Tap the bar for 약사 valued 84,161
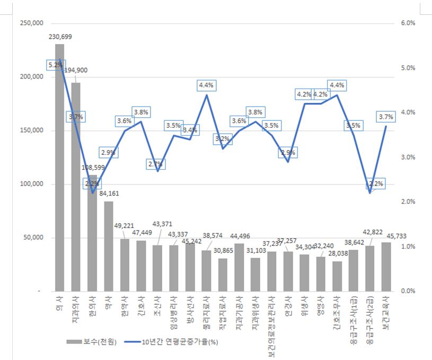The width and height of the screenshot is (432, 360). (108, 246)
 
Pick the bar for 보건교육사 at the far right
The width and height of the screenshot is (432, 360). (385, 267)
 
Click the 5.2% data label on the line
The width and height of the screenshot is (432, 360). (55, 65)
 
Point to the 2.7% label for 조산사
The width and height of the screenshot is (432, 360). (157, 165)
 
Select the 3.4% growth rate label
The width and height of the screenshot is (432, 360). (190, 130)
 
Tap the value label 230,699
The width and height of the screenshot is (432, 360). (60, 37)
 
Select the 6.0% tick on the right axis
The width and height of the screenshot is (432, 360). (408, 23)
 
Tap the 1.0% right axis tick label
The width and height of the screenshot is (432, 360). (408, 247)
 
